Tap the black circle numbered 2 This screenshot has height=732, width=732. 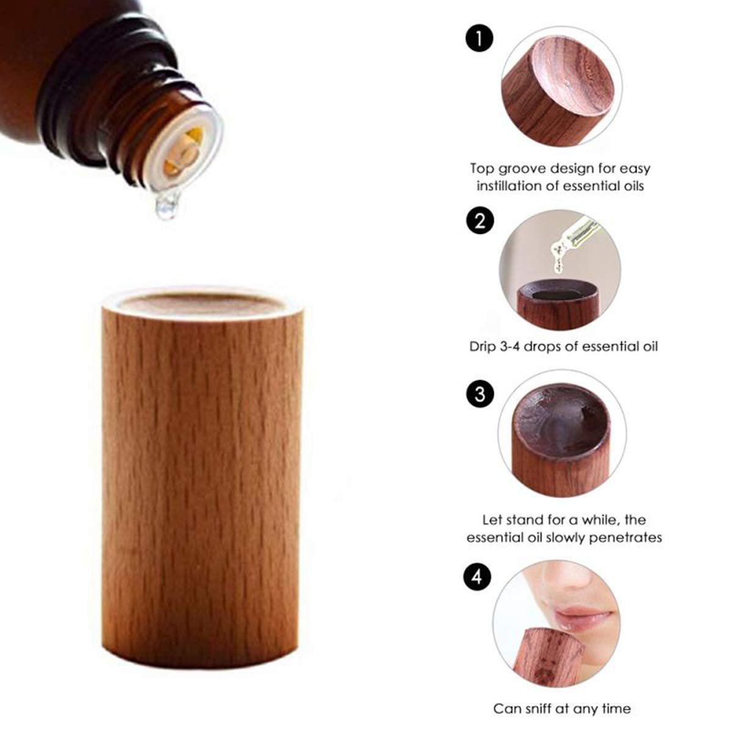point(480,220)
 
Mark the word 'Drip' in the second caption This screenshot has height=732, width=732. point(483,347)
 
